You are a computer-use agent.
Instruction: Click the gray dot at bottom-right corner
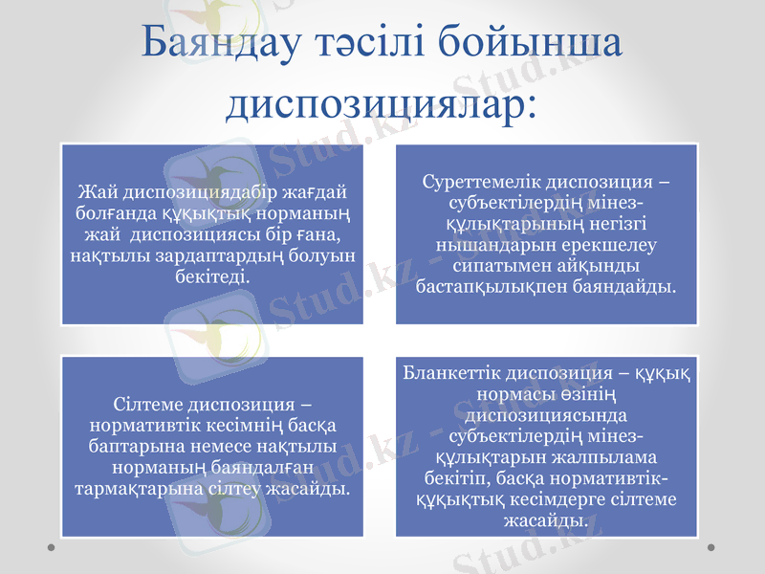click(x=711, y=547)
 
